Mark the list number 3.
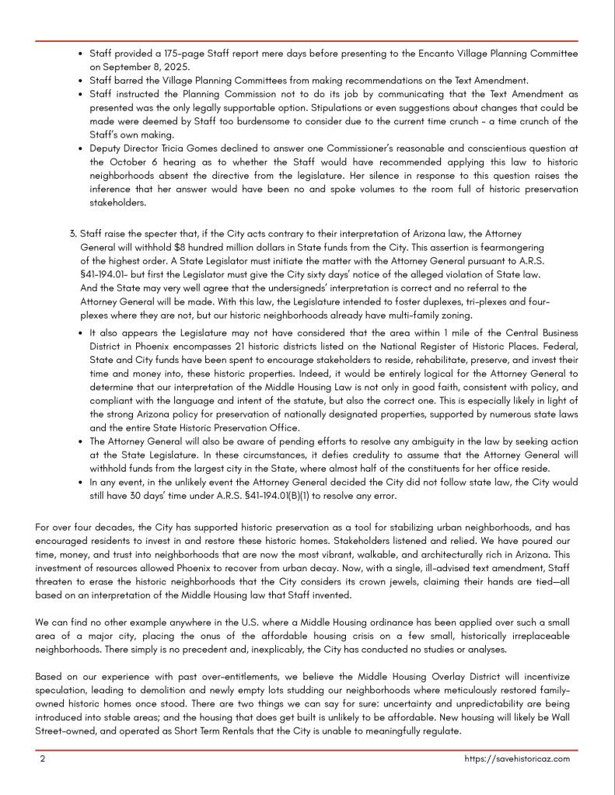coord(73,233)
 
